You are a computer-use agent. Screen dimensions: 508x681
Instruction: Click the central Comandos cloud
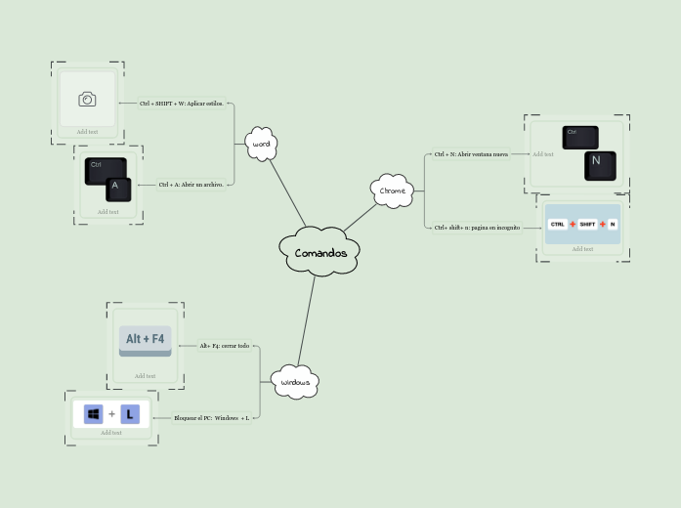(320, 253)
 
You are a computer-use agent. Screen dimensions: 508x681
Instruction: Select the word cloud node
(261, 144)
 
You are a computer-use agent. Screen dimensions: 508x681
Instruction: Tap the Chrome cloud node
(393, 190)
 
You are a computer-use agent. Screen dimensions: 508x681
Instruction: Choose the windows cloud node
(295, 382)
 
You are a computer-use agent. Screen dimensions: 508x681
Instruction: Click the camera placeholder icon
(87, 99)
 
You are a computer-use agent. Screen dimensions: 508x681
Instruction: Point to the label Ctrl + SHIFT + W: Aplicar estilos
(181, 103)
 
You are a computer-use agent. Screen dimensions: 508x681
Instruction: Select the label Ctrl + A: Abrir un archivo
(192, 184)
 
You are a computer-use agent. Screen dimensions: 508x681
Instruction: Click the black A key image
(117, 188)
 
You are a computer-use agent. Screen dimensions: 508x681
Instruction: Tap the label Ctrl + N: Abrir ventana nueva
(471, 153)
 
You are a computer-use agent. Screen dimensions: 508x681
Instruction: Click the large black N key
(599, 165)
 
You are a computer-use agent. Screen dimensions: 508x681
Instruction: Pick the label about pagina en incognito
(477, 228)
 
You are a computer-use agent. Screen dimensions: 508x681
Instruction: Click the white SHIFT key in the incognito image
(587, 224)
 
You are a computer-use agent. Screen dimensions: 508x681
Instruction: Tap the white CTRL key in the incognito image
(557, 224)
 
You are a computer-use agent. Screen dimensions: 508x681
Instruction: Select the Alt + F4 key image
(145, 340)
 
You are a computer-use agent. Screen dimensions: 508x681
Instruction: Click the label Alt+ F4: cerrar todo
(225, 346)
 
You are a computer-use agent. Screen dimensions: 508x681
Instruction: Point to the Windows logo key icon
(94, 414)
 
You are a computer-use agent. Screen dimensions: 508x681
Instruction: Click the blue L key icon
(130, 414)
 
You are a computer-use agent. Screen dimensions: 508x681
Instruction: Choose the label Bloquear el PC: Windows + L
(211, 418)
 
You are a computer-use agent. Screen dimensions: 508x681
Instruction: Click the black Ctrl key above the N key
(579, 136)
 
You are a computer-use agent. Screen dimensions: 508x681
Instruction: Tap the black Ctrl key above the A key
(104, 169)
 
